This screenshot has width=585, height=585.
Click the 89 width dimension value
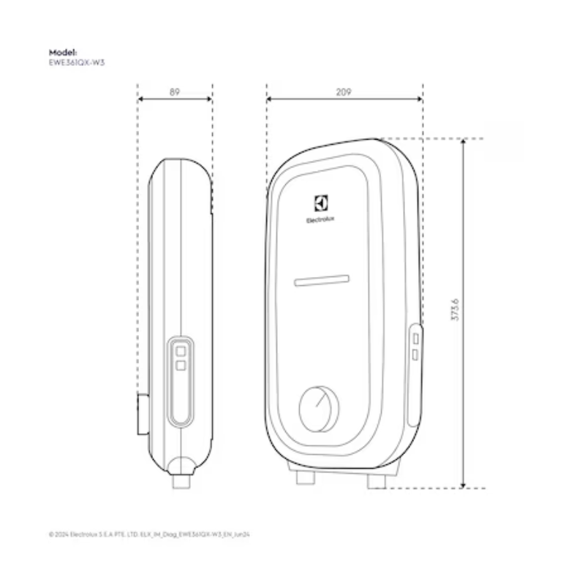175,93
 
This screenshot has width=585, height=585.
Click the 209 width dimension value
344,93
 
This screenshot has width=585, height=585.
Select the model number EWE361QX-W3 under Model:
72,62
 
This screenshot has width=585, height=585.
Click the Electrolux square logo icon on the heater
320,203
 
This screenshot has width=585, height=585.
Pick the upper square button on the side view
179,351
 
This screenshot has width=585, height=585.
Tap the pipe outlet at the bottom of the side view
180,483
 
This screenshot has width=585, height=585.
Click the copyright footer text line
150,535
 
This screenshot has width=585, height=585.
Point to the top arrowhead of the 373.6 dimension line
464,141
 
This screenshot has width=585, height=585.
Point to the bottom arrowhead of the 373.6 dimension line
464,485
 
